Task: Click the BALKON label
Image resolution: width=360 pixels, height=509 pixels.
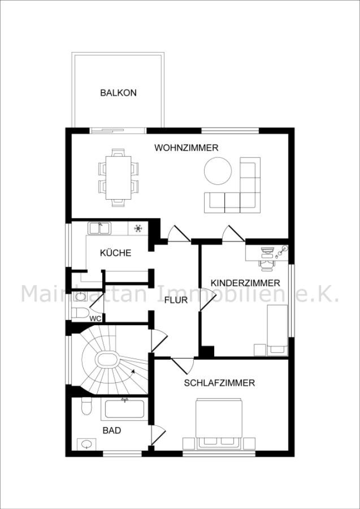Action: point(118,93)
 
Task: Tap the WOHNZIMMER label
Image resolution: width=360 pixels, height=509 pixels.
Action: point(186,148)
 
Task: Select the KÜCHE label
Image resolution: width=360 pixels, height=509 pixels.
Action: point(115,253)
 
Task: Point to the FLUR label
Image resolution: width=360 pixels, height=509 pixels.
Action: point(176,300)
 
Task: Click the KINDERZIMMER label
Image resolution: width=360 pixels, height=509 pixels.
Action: point(245,282)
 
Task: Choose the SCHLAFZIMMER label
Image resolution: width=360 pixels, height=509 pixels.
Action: point(219,383)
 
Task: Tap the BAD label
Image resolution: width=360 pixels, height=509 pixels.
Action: point(111,430)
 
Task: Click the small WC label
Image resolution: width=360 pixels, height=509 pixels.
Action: point(96,318)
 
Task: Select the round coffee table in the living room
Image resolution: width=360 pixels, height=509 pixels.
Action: point(218,170)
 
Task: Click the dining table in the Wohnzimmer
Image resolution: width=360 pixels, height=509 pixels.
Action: point(118,176)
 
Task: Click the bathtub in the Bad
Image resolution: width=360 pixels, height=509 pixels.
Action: point(124,409)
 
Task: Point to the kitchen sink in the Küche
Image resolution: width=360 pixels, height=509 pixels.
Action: point(99,228)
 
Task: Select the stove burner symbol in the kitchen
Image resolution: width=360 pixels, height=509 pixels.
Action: point(137,228)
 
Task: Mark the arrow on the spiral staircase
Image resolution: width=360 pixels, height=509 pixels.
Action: point(132,372)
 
